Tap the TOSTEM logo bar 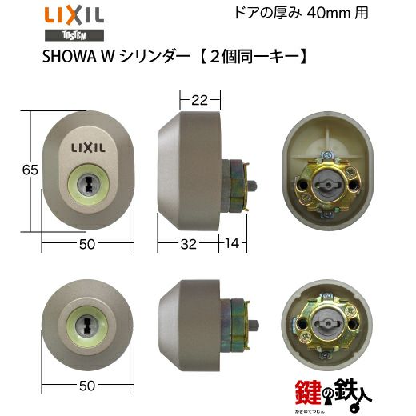click(74, 35)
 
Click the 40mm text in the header click(329, 13)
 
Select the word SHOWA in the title click(70, 57)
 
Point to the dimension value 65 click(30, 170)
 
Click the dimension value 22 click(199, 100)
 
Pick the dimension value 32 click(189, 244)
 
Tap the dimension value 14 click(232, 243)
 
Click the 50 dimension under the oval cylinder click(87, 244)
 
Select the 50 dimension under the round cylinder click(87, 386)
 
